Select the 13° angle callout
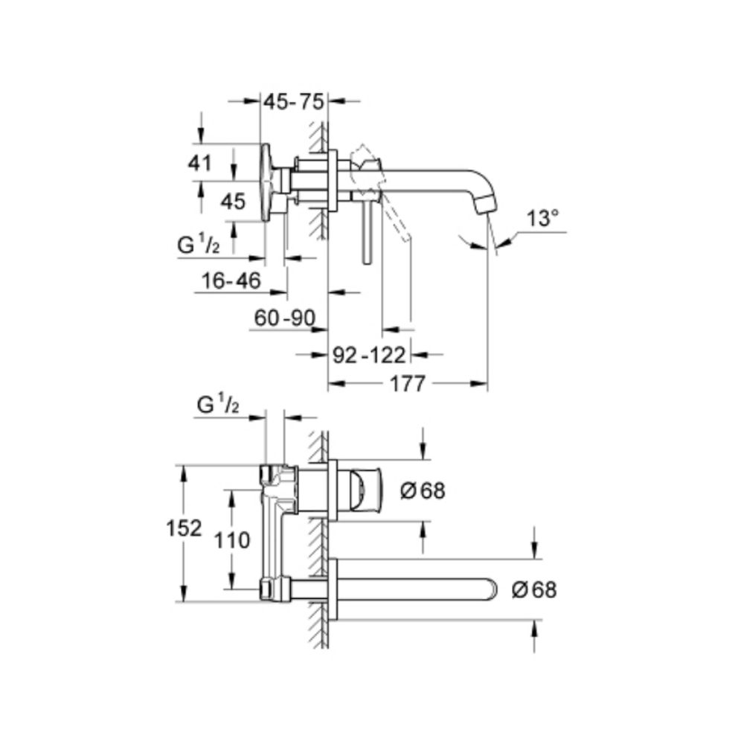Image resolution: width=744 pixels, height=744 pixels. [x=542, y=219]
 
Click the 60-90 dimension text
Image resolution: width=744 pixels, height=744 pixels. [x=283, y=318]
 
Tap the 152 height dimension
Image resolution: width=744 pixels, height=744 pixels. [x=184, y=528]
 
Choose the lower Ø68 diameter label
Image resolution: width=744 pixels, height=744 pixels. [x=534, y=590]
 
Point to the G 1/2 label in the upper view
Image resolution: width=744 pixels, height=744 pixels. [x=198, y=245]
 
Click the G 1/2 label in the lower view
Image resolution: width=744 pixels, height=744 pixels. [x=218, y=406]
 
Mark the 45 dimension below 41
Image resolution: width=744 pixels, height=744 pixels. [x=233, y=201]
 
